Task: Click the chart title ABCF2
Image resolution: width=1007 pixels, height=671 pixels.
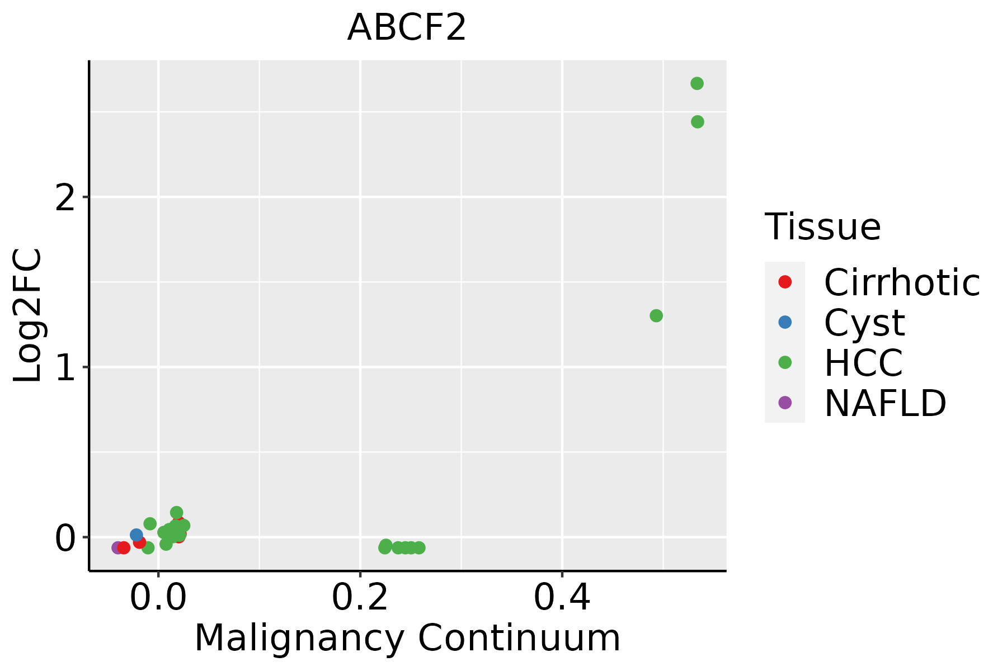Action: pos(407,28)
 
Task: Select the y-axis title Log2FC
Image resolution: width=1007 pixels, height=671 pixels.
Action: pos(28,316)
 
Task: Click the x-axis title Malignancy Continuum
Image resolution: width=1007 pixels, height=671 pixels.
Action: pos(407,638)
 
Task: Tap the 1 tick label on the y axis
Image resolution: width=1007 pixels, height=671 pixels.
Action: pos(65,368)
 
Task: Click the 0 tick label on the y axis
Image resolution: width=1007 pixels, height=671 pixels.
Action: pos(65,538)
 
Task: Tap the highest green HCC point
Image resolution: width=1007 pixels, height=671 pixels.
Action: pos(697,84)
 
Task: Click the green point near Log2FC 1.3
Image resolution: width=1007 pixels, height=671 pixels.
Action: pos(656,316)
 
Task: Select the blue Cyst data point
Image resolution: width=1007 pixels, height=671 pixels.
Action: pos(136,535)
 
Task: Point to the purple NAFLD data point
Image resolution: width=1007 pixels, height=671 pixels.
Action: pos(117,547)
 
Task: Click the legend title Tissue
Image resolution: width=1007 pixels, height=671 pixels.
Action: pos(822,227)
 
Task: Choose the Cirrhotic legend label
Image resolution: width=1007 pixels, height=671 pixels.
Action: pos(902,282)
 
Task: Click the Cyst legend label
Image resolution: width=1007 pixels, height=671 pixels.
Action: pos(864,323)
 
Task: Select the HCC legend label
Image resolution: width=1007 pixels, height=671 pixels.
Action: pos(863,363)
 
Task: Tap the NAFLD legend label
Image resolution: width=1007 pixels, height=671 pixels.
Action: pos(885,403)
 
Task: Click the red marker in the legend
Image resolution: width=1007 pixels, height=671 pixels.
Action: pos(785,282)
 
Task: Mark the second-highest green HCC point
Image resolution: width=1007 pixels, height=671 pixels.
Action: pos(697,122)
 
